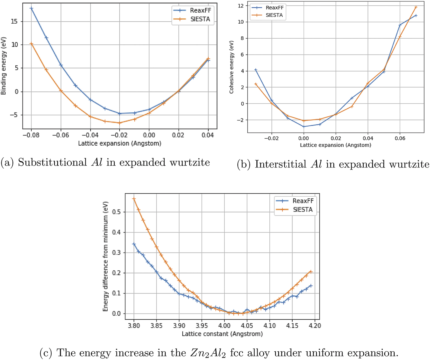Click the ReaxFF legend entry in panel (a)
point(200,11)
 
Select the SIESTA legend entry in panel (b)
point(274,15)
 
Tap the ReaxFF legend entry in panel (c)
point(303,201)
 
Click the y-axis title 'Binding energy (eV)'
point(3,66)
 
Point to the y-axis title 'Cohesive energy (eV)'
point(231,67)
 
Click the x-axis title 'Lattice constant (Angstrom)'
point(222,334)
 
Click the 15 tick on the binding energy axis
point(14,21)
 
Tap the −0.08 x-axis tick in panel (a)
point(31,135)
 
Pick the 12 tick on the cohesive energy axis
point(241,6)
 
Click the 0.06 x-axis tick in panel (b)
point(400,138)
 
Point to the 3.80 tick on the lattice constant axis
point(134,326)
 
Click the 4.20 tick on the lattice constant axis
point(314,326)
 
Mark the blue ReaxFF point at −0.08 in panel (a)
point(31,8)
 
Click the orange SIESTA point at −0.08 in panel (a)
point(31,44)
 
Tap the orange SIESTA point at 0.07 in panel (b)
point(416,7)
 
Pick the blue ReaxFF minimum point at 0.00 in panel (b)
point(304,127)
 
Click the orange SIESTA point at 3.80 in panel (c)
point(134,199)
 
